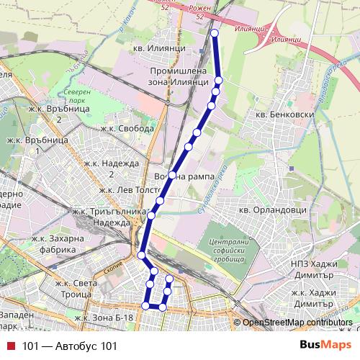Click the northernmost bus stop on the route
click(215, 33)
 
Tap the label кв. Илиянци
click(160, 48)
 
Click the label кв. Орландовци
click(273, 210)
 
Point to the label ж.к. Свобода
click(127, 129)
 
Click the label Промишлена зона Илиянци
click(178, 76)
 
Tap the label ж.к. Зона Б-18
click(104, 318)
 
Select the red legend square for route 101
click(10, 346)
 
